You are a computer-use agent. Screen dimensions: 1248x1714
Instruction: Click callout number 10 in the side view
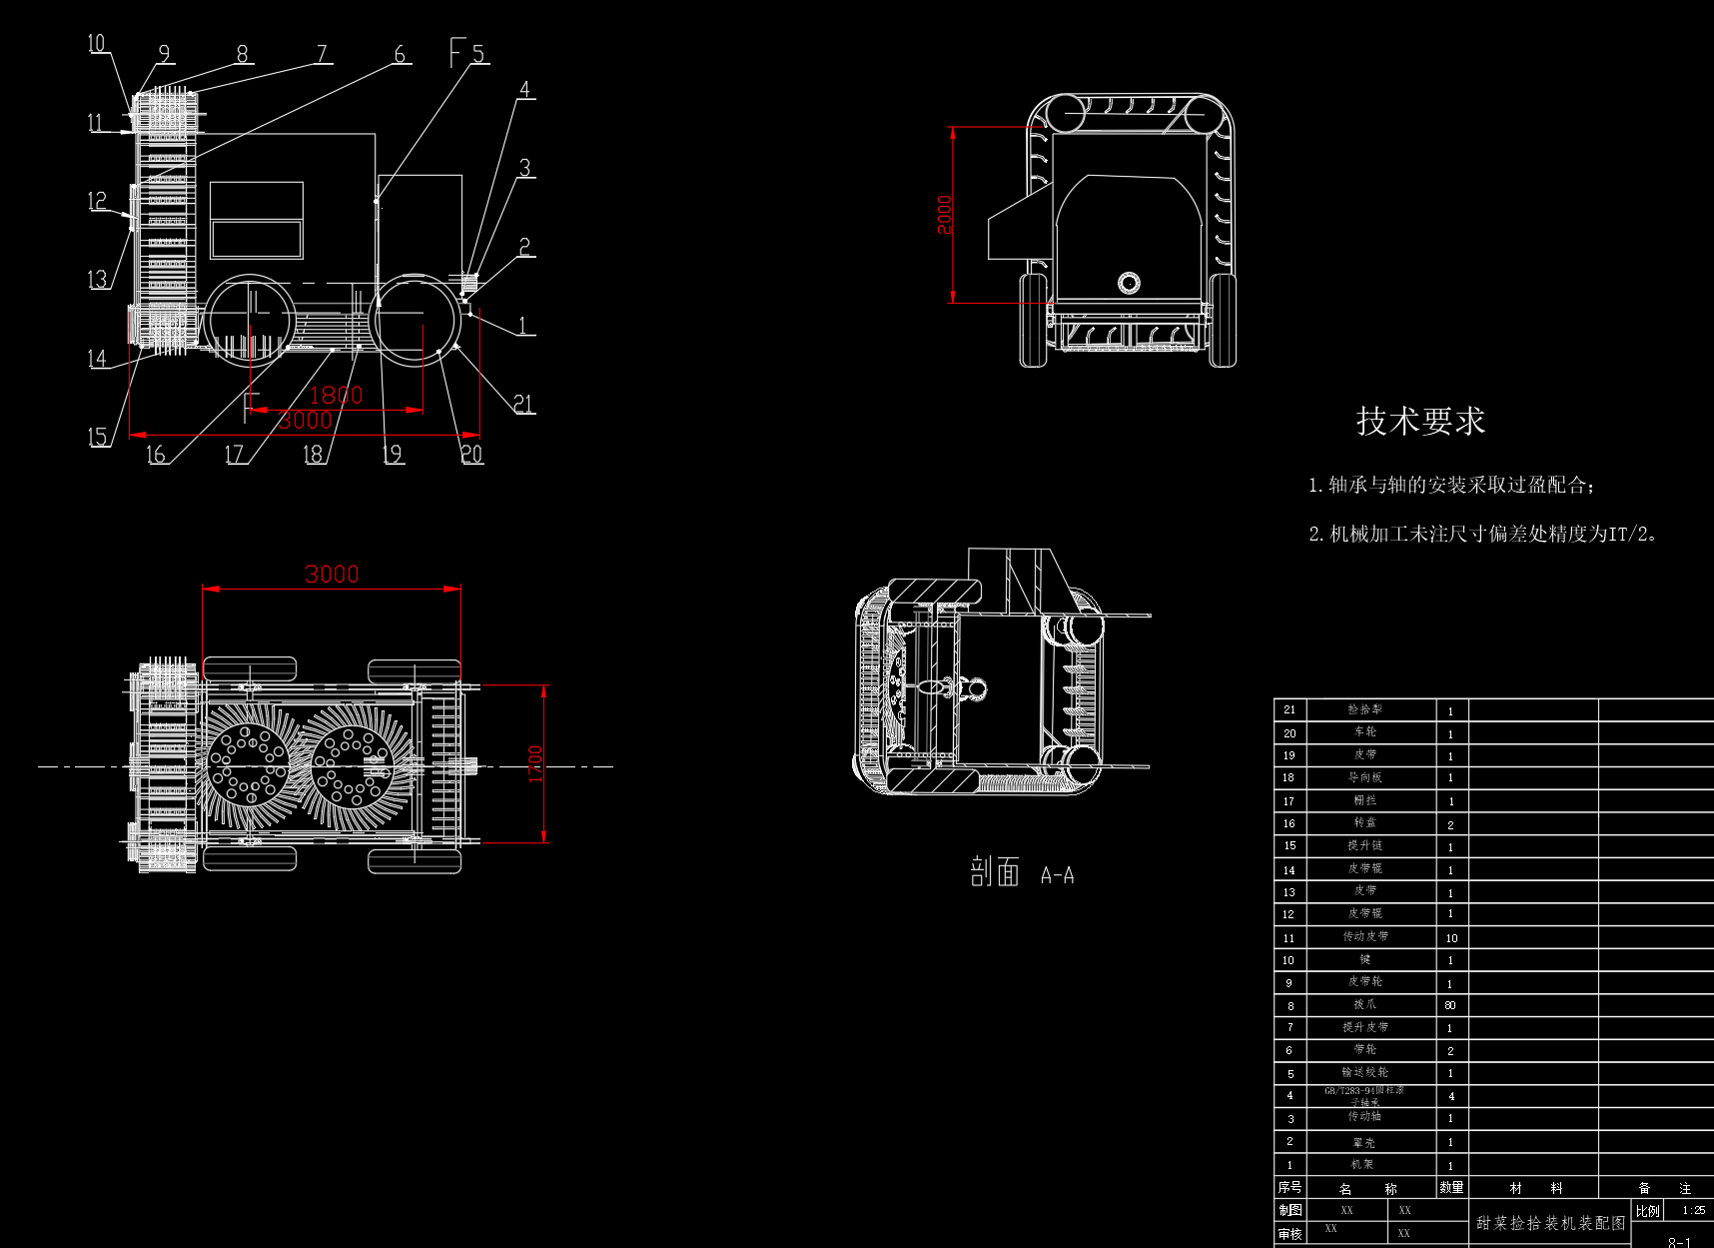click(x=96, y=43)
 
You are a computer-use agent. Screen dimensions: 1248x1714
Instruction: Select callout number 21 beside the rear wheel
click(x=523, y=403)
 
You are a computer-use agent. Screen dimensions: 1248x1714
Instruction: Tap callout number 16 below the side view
click(x=156, y=455)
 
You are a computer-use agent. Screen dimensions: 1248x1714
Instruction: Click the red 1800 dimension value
click(x=336, y=395)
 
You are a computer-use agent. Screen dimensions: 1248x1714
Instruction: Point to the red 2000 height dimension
click(x=944, y=215)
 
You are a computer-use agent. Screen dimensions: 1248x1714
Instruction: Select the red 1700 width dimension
click(x=535, y=764)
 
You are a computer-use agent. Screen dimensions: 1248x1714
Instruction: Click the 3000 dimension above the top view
click(x=332, y=575)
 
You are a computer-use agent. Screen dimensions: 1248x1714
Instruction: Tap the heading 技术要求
click(x=1420, y=422)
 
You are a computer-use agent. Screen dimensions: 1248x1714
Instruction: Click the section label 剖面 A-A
click(x=1021, y=873)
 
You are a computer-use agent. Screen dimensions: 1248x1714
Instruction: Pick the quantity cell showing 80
click(x=1450, y=1005)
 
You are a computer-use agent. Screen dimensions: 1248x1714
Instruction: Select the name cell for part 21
click(x=1364, y=709)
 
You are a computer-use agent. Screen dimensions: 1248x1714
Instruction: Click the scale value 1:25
click(x=1694, y=1210)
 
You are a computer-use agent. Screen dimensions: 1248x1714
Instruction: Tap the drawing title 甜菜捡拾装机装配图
click(x=1550, y=1223)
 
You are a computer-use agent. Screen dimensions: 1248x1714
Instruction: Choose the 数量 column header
click(x=1451, y=1187)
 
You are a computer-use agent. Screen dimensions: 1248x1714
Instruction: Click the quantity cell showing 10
click(x=1451, y=937)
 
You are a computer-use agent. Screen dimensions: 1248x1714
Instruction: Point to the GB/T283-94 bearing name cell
click(x=1364, y=1096)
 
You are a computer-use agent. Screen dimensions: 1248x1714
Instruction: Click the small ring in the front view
click(x=1128, y=283)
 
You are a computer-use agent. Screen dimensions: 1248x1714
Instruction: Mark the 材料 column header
click(x=1535, y=1188)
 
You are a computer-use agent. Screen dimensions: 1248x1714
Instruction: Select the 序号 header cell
click(x=1289, y=1187)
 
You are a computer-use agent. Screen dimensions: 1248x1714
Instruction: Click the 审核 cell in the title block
click(x=1289, y=1234)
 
